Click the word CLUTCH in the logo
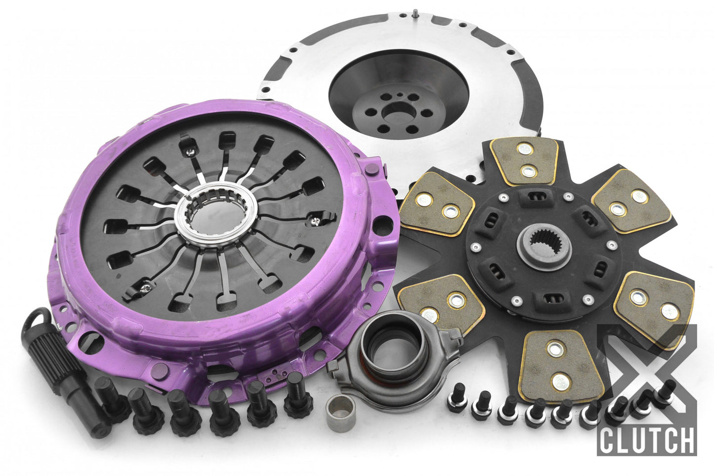tap(646, 437)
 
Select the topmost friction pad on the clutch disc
tap(525, 160)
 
